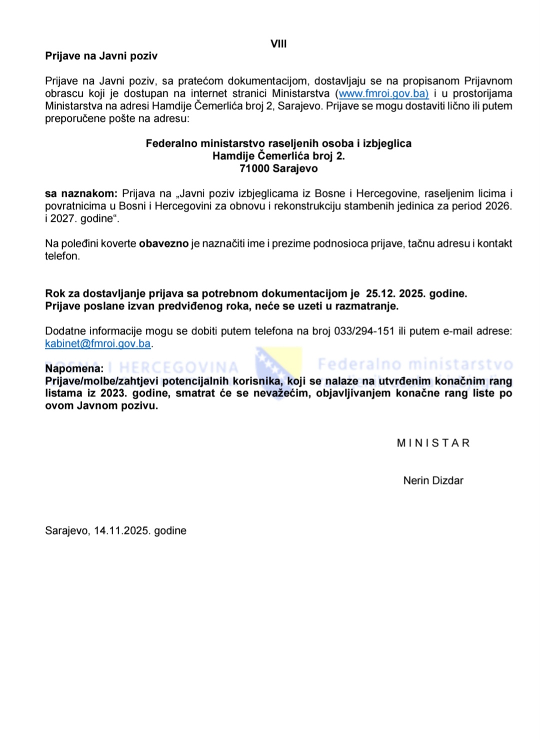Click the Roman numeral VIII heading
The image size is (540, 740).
278,44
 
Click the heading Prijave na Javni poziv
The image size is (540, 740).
101,56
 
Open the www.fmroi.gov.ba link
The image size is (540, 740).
383,93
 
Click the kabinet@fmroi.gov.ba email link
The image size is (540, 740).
97,343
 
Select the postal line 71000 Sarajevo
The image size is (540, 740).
278,168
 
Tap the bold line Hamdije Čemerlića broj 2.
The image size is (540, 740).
278,156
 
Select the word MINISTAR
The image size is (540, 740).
433,443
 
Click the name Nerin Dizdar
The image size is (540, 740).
433,480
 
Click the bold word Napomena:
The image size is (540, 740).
74,368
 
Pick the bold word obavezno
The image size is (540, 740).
163,243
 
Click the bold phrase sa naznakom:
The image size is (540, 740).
81,193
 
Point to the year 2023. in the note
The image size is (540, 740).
113,393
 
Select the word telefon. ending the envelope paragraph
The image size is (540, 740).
62,256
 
